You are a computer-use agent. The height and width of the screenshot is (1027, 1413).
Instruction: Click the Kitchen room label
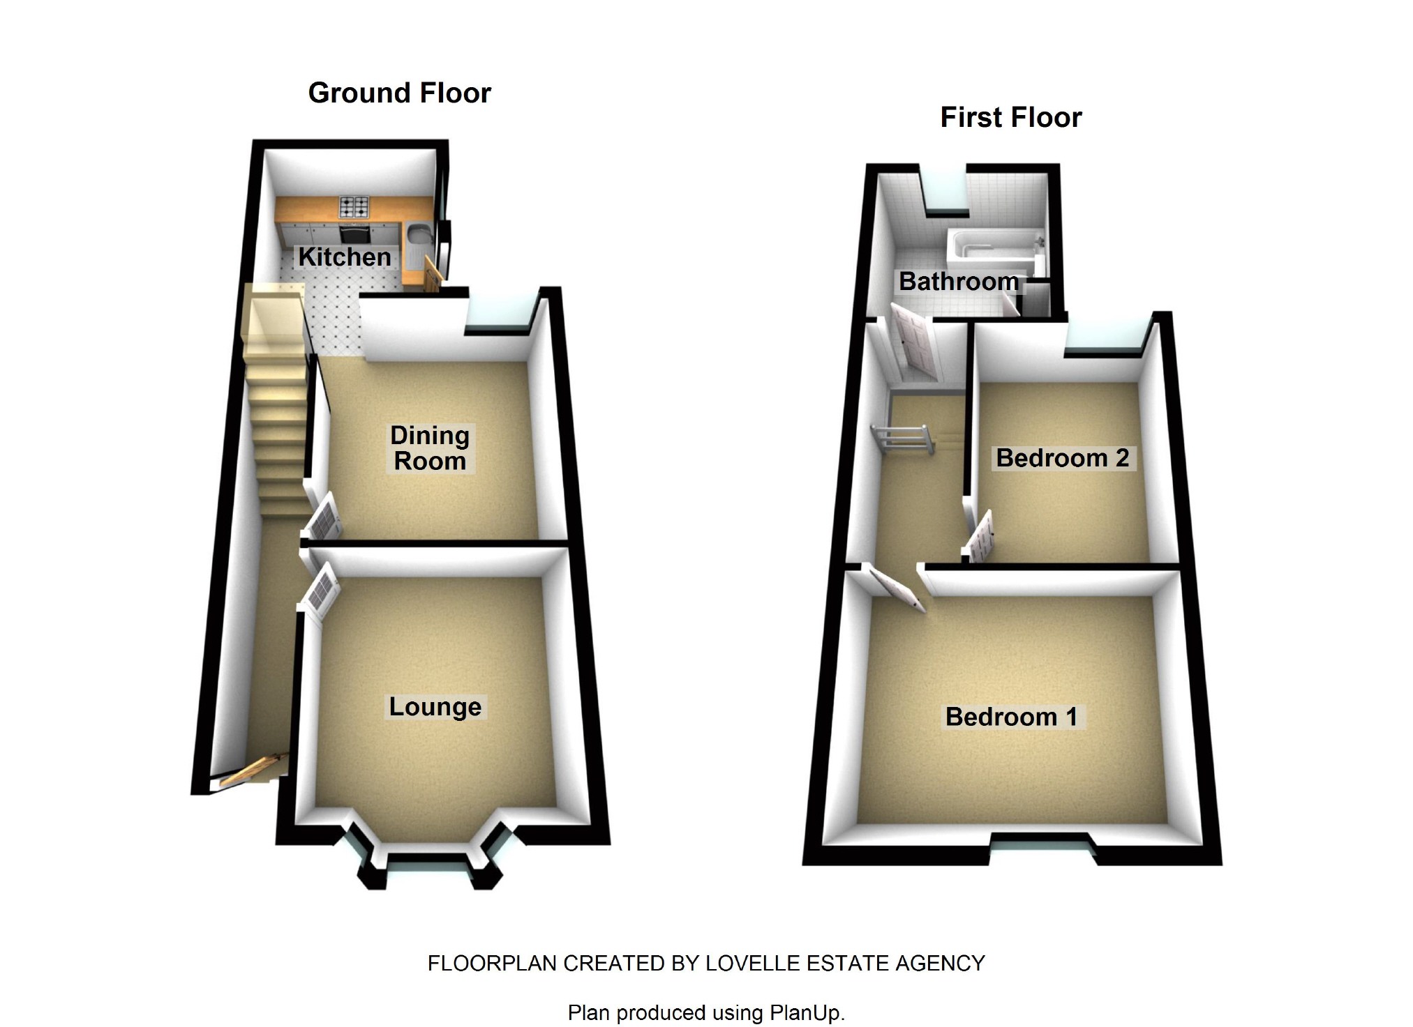(x=345, y=257)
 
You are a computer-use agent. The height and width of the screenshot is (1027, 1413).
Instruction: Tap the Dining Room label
(x=429, y=448)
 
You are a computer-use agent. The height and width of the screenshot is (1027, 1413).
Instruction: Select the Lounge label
(x=435, y=706)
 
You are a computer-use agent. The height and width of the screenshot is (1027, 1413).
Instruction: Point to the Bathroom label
(x=958, y=281)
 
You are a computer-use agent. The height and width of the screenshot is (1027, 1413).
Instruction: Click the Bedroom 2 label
(x=1062, y=458)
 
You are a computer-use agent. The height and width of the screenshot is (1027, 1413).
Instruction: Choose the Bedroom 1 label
(x=1011, y=717)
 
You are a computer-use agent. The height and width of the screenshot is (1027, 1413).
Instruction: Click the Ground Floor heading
(x=400, y=93)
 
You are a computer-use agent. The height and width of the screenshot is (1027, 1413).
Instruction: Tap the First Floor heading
(x=1011, y=117)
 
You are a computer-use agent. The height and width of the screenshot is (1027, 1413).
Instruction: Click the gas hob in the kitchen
(x=354, y=206)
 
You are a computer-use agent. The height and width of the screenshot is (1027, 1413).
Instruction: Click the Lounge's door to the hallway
(x=321, y=593)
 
